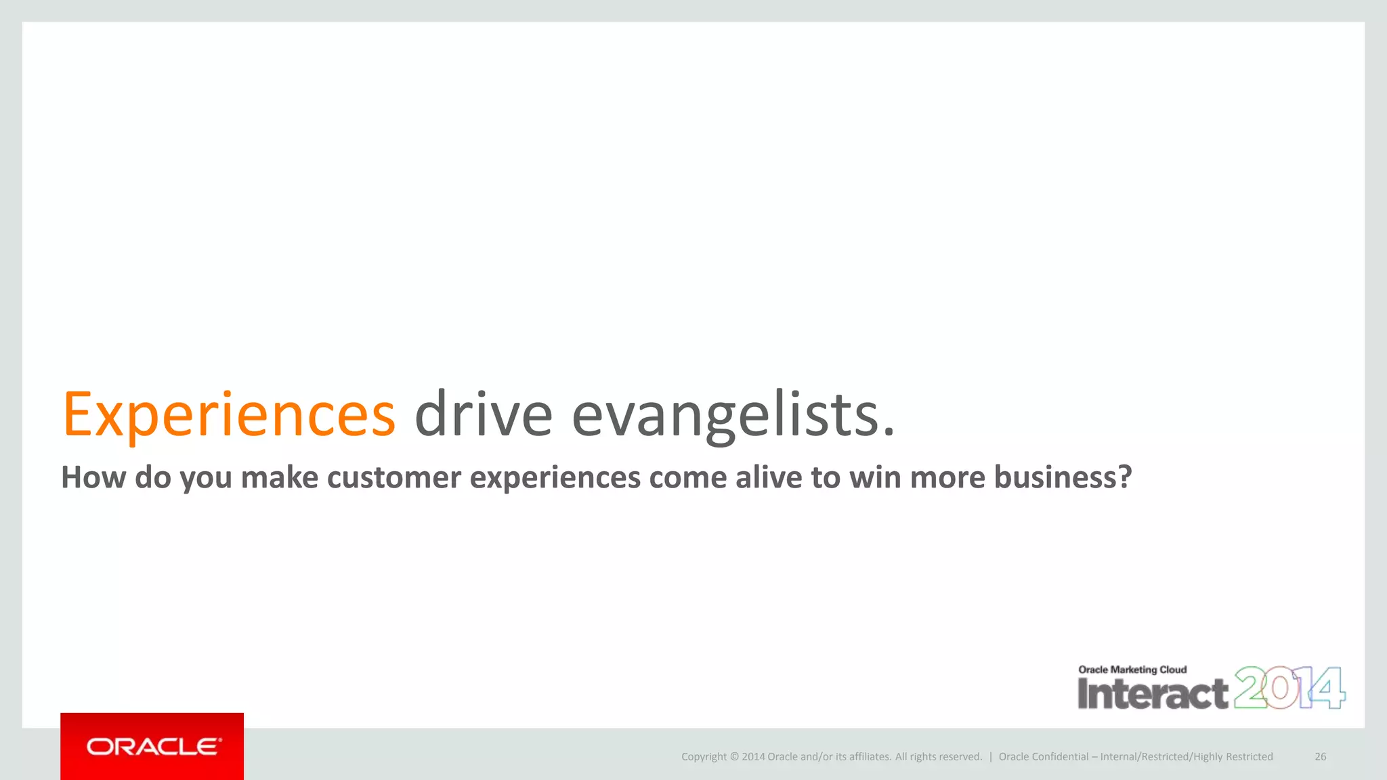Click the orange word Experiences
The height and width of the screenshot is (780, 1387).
click(229, 414)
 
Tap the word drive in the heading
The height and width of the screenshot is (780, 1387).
click(484, 414)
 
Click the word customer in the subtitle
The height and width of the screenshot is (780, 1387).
click(394, 477)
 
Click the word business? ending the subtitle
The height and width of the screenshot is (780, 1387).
click(1063, 477)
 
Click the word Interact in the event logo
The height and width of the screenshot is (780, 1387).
click(1153, 694)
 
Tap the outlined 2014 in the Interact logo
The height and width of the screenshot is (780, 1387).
click(1289, 688)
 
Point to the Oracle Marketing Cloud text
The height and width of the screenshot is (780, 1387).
click(1132, 670)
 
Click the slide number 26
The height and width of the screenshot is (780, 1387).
click(1320, 757)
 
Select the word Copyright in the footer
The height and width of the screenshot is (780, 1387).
click(704, 757)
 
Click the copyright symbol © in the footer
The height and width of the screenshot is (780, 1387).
click(734, 757)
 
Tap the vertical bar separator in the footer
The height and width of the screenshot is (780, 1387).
click(991, 757)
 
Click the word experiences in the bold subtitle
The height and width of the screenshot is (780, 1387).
click(555, 477)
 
